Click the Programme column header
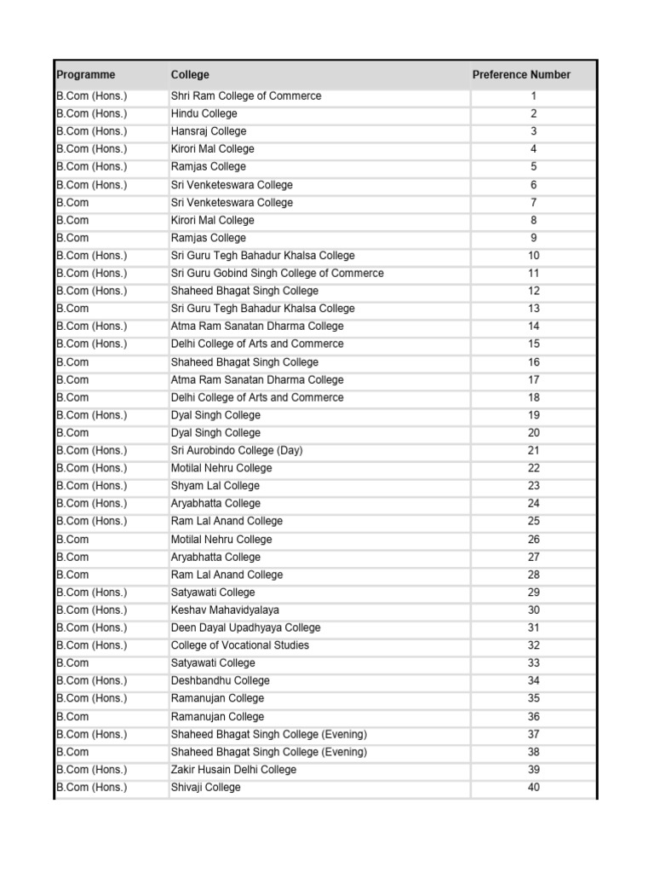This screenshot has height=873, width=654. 86,75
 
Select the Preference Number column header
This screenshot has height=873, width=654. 521,75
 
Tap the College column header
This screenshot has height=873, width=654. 190,75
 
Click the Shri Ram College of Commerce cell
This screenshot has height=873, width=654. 246,96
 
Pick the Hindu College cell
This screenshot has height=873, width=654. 204,113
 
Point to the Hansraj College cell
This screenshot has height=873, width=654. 209,131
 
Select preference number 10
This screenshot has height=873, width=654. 534,256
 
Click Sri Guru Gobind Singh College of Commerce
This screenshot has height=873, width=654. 277,274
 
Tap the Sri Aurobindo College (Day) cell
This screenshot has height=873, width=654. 237,450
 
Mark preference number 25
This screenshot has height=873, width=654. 534,521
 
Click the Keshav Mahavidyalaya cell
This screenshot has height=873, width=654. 225,610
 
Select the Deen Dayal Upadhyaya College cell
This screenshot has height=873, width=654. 245,627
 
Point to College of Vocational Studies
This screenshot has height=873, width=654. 240,645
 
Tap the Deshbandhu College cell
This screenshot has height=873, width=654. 220,680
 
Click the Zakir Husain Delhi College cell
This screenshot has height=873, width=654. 234,770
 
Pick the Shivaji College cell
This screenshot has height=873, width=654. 206,788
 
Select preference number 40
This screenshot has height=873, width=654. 534,788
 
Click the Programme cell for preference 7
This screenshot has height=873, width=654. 73,203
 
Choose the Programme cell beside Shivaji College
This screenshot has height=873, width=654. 92,788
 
